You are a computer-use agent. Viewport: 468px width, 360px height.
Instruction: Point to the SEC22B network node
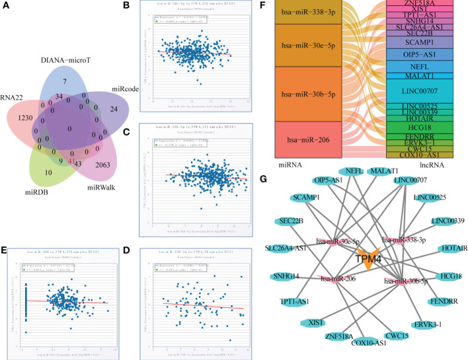[x=292, y=221]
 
